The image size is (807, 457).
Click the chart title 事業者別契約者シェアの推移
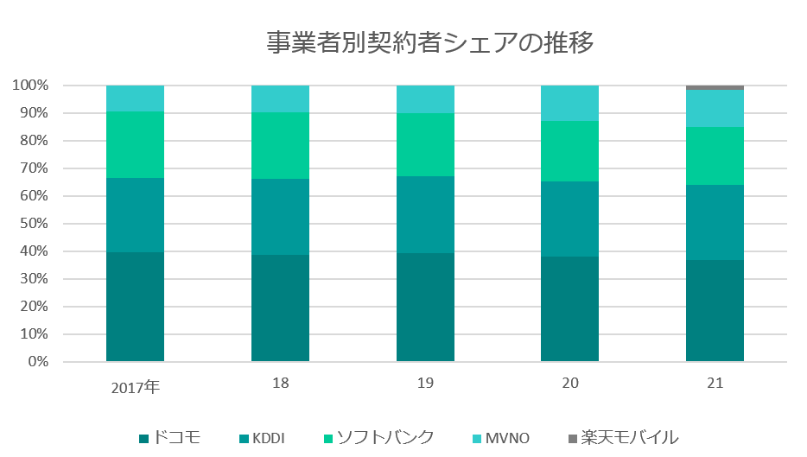(429, 43)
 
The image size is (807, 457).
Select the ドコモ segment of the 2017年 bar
(135, 307)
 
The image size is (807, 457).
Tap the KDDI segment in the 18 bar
(280, 217)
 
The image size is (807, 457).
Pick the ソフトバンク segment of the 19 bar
(425, 144)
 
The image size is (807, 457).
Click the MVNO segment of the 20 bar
(569, 103)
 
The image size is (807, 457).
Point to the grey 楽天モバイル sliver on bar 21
(715, 87)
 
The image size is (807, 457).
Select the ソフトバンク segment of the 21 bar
(715, 156)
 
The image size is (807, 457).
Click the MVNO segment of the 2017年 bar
(135, 98)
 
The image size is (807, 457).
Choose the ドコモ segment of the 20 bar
(569, 308)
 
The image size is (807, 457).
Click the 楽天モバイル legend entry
(622, 437)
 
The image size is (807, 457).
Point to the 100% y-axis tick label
(30, 86)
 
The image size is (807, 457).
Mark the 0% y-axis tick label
(36, 362)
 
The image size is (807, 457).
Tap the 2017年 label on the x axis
(135, 386)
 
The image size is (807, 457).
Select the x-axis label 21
(715, 383)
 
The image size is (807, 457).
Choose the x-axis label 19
(425, 383)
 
